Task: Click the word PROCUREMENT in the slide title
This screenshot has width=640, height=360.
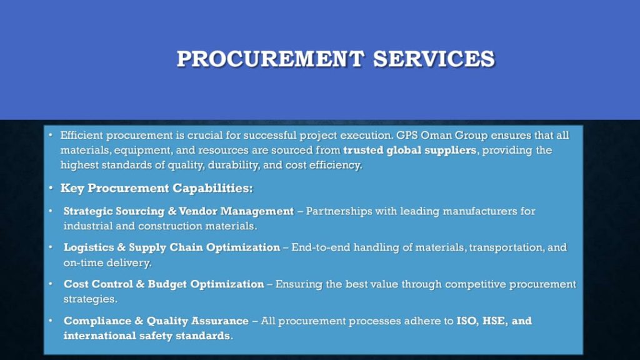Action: [x=270, y=59]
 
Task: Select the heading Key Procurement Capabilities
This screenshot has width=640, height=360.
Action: [x=156, y=188]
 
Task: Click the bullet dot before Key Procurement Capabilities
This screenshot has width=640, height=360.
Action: [x=51, y=188]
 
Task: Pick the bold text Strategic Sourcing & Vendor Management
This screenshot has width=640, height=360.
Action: [x=178, y=211]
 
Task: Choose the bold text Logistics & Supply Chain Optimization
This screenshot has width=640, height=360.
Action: [x=171, y=247]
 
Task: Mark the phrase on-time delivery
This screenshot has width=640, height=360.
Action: [x=107, y=263]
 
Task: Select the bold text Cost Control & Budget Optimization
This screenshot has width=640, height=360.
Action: [x=164, y=284]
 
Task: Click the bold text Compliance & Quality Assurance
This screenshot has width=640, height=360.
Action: [x=156, y=321]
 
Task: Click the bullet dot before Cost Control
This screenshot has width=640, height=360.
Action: [x=51, y=284]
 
